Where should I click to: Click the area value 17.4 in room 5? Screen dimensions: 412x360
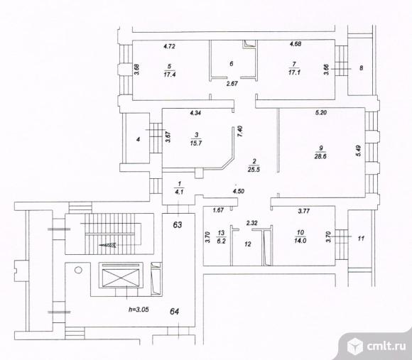(x=170, y=75)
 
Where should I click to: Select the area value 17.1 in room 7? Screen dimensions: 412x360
(x=294, y=72)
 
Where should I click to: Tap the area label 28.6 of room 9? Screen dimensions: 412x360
(x=320, y=156)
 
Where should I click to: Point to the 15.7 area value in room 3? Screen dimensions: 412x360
(x=196, y=143)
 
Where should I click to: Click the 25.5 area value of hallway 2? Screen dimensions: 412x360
(x=254, y=170)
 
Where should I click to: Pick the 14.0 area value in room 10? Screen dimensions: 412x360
(x=300, y=241)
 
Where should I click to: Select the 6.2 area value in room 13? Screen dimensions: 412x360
(x=221, y=241)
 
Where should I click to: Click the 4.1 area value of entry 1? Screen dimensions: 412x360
(x=179, y=192)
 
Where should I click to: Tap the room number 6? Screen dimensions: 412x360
(x=232, y=64)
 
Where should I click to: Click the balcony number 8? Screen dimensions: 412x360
(x=362, y=68)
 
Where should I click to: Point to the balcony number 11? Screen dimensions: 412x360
(x=361, y=239)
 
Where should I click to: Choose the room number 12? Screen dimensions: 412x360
(x=247, y=244)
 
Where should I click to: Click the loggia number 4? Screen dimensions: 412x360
(x=139, y=139)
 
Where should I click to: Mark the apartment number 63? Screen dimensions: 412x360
(x=178, y=225)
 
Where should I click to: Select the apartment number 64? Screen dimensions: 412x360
(x=175, y=312)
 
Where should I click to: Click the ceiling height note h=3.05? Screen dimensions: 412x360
(x=139, y=310)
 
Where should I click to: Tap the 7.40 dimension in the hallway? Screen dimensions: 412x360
(x=240, y=131)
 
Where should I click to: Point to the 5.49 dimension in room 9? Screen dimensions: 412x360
(x=359, y=151)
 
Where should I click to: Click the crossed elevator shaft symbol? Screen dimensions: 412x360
(x=120, y=278)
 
